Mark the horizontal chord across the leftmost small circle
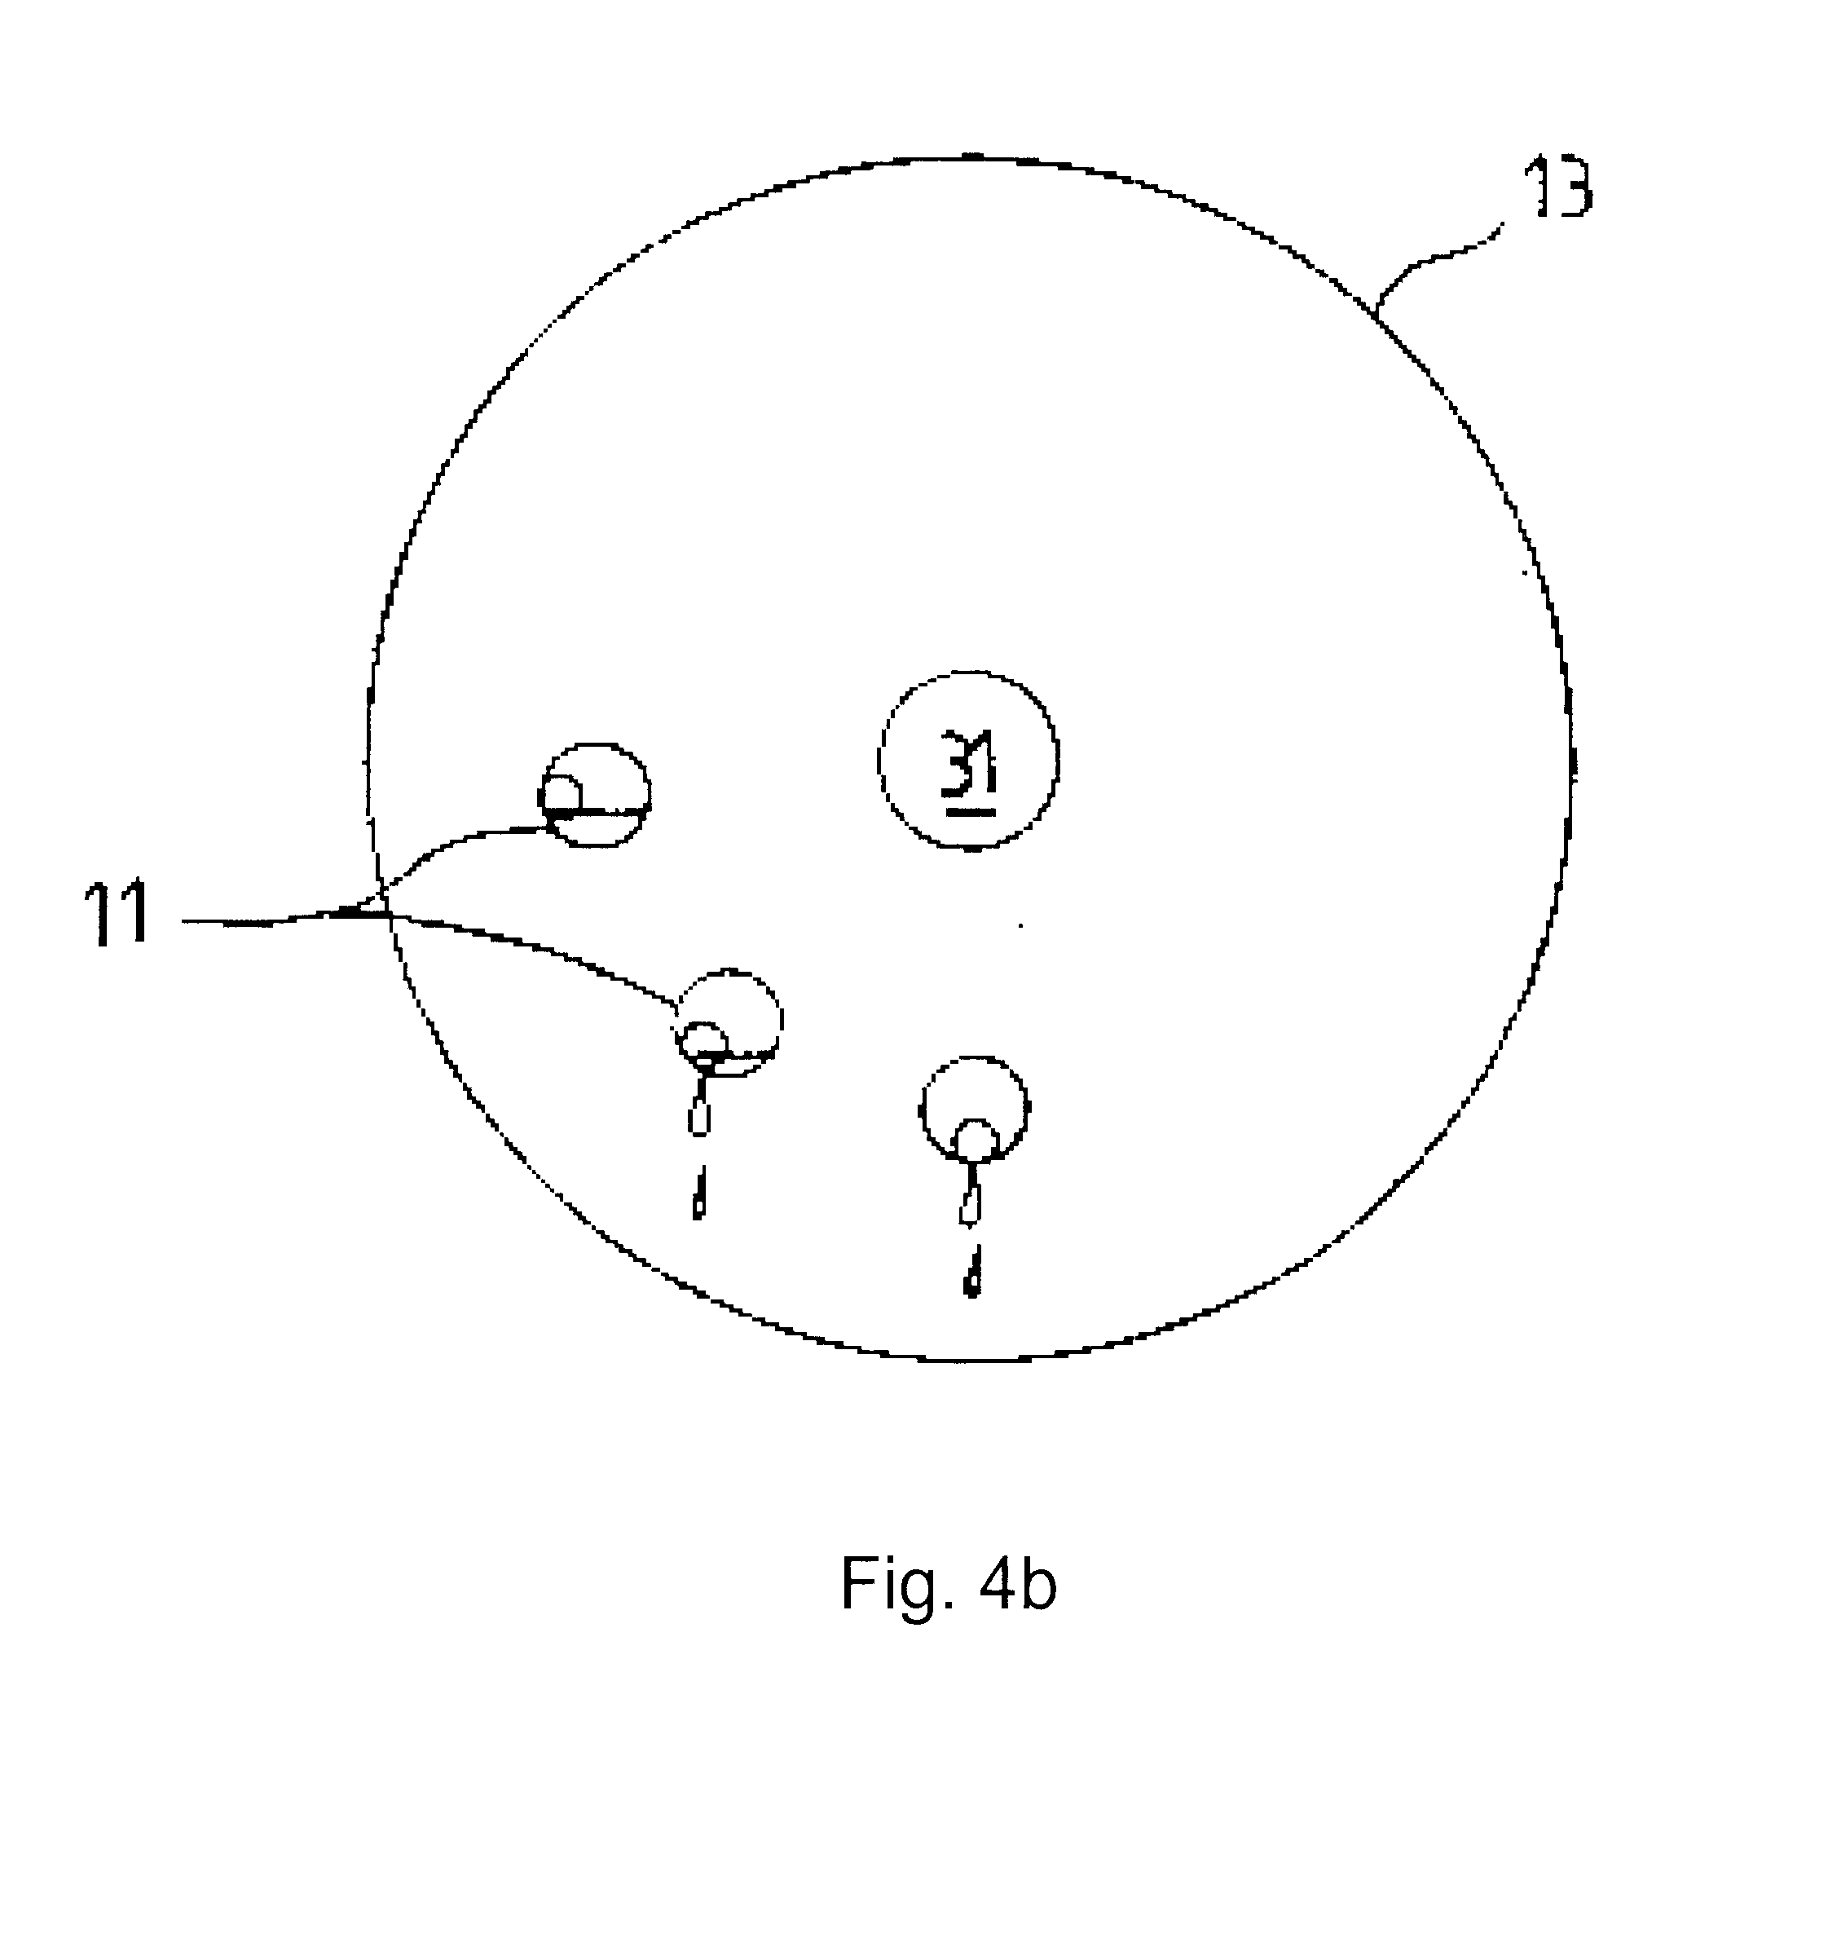coord(595,810)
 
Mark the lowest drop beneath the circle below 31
coord(971,1271)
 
